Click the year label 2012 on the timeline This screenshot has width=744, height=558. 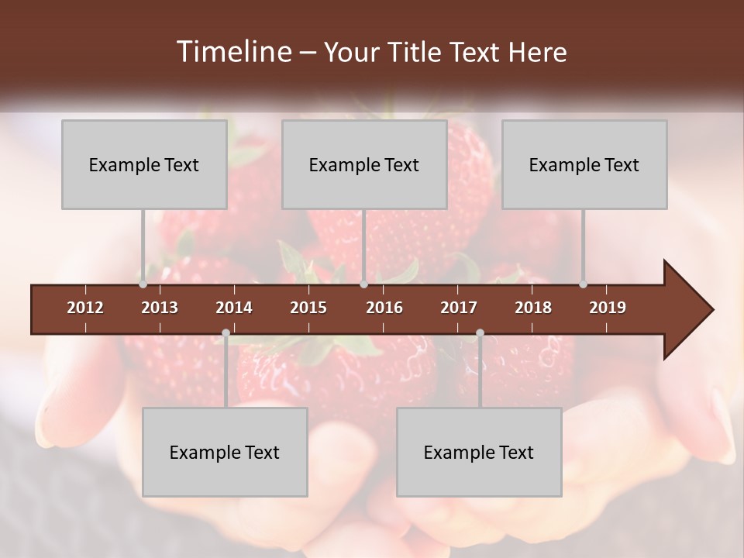85,308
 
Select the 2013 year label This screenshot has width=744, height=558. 160,308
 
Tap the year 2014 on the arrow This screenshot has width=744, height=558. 234,308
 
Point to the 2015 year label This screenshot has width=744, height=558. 308,308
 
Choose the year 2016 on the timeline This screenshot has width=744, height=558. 384,308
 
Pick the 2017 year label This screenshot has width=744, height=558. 459,308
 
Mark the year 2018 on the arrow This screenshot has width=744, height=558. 533,308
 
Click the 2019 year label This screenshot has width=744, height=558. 608,308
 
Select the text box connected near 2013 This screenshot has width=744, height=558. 144,164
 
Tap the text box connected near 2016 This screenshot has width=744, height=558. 364,164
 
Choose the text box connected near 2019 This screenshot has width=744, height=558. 584,164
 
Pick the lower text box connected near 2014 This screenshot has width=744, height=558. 225,452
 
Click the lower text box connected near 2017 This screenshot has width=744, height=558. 479,452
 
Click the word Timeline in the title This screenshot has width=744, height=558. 232,52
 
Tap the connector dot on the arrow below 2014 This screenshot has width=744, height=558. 226,333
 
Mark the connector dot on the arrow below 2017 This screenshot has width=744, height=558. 480,333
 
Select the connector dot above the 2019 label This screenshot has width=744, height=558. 584,284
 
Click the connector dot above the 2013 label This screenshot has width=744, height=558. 143,284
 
